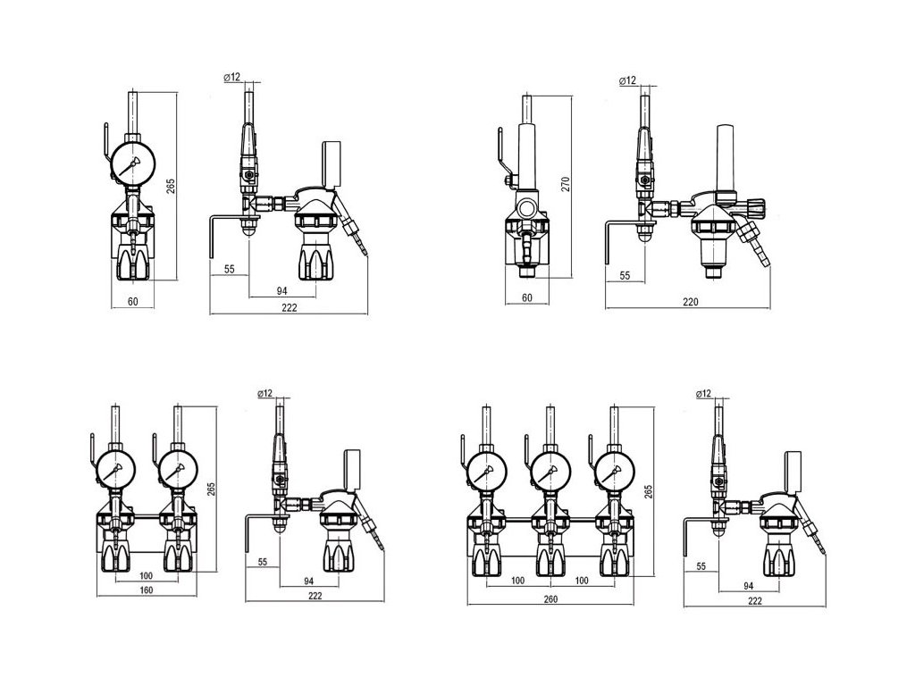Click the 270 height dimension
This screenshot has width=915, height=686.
point(566,185)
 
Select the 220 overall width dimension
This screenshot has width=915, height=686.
point(689,302)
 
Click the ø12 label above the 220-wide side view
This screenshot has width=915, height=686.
point(627,81)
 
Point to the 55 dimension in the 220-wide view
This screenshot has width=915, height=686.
point(625,277)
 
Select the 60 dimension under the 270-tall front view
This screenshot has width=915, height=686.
point(526,297)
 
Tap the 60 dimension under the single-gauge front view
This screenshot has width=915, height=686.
point(132,301)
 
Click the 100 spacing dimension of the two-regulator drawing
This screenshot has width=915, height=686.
point(145,575)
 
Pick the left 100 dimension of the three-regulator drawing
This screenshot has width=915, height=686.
point(516,581)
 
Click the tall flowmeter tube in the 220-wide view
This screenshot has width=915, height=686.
point(723,156)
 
